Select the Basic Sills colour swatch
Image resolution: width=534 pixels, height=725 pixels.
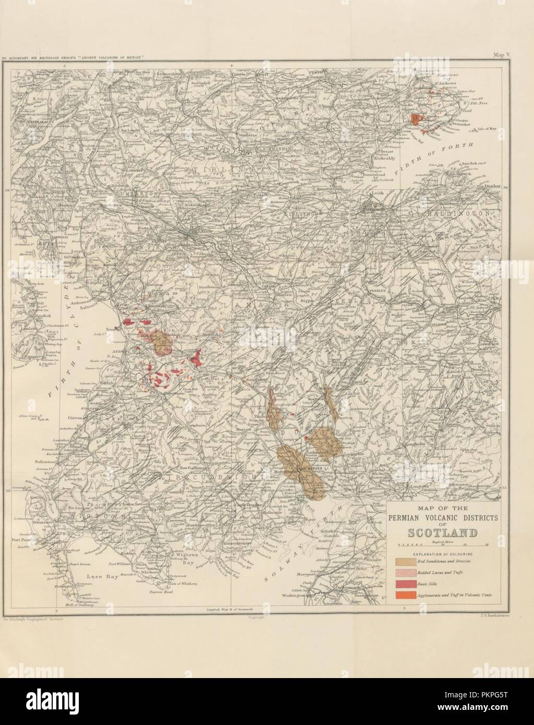(x=405, y=584)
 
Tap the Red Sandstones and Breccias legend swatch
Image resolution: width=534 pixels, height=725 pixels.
(x=405, y=562)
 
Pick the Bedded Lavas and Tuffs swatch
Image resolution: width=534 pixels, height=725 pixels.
(x=405, y=573)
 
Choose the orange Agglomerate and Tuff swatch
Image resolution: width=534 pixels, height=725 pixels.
(x=405, y=595)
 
